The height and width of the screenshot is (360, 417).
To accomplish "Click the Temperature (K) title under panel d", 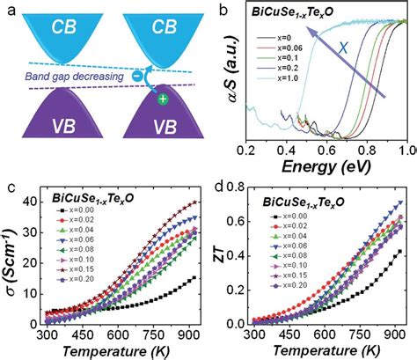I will coord(327,351).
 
